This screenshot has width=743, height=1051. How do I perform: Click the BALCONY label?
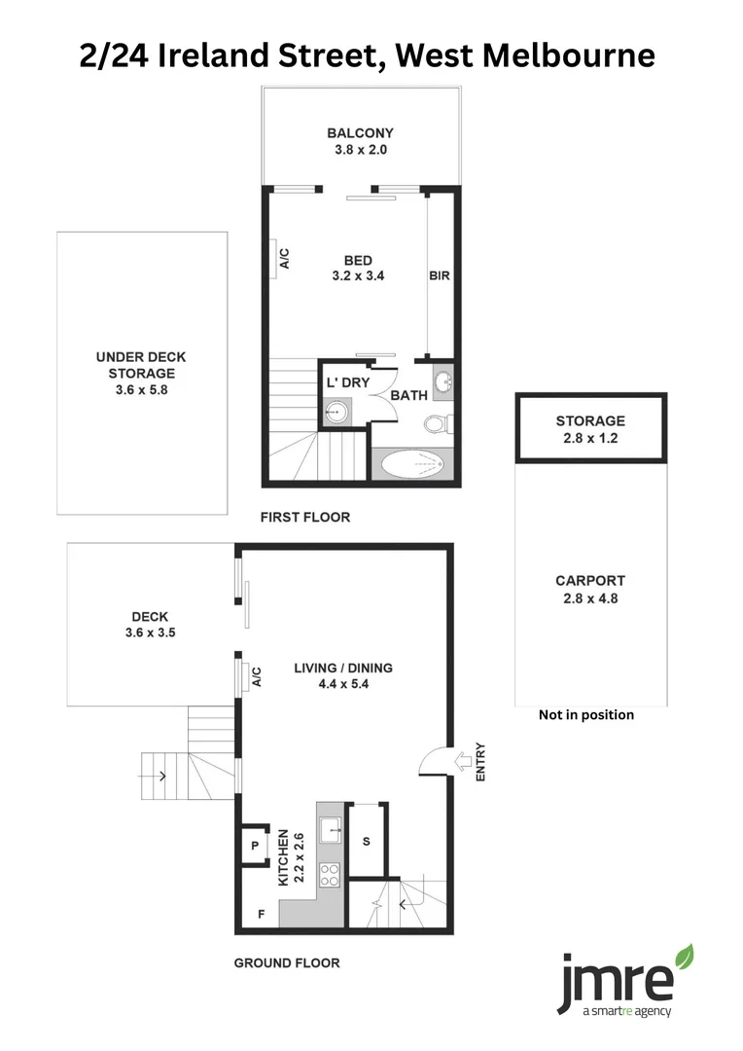point(360,133)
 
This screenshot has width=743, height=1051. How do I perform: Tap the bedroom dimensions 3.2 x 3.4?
point(358,275)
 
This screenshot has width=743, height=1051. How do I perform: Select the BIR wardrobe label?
point(440,275)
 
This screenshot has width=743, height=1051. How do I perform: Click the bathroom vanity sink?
point(442,381)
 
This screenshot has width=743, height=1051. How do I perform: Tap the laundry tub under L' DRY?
point(336,412)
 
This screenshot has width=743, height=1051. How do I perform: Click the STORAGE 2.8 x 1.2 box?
point(590,429)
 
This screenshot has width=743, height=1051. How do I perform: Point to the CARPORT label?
point(590,581)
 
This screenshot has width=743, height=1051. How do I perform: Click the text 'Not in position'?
point(586,714)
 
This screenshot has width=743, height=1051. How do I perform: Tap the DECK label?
point(150,616)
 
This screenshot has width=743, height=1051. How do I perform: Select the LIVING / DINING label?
point(343,668)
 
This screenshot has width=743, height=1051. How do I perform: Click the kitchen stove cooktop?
point(330,874)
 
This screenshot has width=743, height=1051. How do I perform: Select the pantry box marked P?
point(255,847)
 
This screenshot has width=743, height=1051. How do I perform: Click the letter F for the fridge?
point(261,914)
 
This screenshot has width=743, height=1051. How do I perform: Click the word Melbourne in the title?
point(563,55)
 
